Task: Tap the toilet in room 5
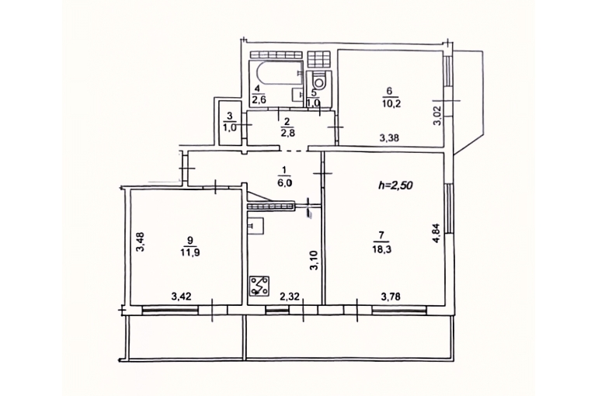coord(319,82)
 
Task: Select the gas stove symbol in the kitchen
coord(259,286)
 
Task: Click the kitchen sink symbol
coord(256,224)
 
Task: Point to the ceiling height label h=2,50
coord(395,186)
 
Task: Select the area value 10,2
coord(391,103)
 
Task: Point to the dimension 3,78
coord(391,296)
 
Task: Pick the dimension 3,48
coord(140,242)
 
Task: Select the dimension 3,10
coord(315,261)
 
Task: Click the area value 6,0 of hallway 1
coord(285,183)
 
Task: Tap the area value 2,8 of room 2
coord(287,132)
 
